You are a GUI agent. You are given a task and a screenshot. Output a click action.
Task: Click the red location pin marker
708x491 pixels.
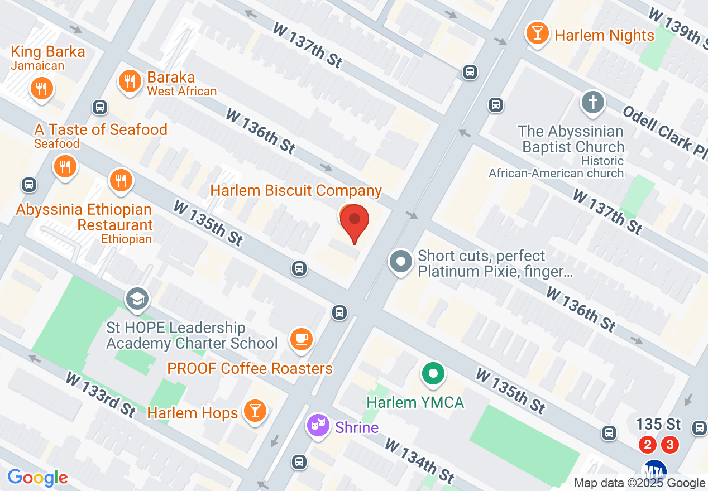354,220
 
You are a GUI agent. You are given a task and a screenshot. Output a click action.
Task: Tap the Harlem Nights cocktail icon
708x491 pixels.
537,33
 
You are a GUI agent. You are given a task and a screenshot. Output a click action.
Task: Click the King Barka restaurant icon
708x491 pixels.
40,88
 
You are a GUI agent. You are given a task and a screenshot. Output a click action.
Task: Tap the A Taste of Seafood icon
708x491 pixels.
65,166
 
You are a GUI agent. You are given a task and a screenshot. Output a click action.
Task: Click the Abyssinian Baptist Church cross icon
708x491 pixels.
592,102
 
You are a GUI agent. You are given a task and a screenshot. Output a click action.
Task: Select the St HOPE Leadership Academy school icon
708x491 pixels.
136,299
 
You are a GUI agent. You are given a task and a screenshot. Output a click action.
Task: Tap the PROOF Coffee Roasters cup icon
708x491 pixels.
302,338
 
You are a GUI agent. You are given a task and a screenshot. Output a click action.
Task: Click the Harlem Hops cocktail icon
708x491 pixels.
255,411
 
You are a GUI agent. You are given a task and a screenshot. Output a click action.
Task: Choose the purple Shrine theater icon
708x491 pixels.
318,426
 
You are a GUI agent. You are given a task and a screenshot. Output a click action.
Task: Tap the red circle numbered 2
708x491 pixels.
648,445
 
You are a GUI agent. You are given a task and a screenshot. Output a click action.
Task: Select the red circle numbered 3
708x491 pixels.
670,445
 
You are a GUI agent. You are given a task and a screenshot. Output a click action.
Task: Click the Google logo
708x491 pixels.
37,478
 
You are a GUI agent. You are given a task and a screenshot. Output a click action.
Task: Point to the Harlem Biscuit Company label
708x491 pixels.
296,190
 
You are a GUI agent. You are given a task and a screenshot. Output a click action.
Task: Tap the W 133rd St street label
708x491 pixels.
101,394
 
